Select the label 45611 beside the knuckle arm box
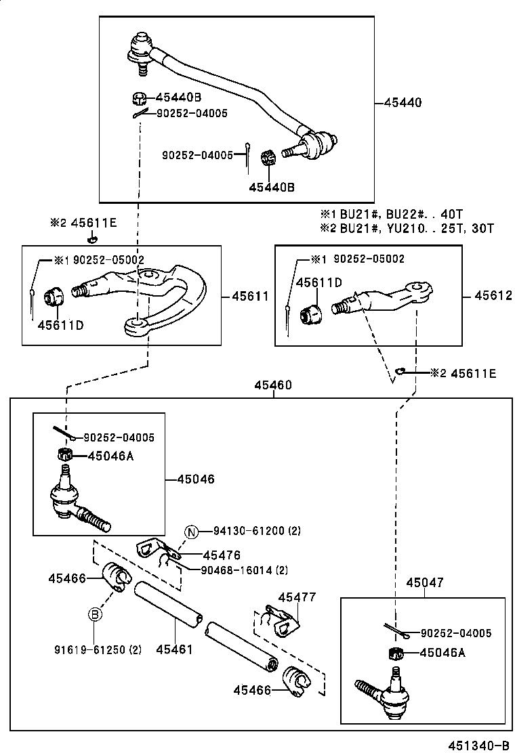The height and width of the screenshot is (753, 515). click(250, 296)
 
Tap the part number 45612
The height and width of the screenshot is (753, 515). click(493, 296)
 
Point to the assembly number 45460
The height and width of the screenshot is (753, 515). click(273, 385)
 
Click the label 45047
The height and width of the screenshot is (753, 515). click(424, 582)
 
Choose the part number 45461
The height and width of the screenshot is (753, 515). click(174, 649)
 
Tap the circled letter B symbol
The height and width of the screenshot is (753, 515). click(96, 614)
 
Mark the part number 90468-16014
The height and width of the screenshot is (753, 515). click(236, 570)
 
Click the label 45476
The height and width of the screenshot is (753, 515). click(222, 555)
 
